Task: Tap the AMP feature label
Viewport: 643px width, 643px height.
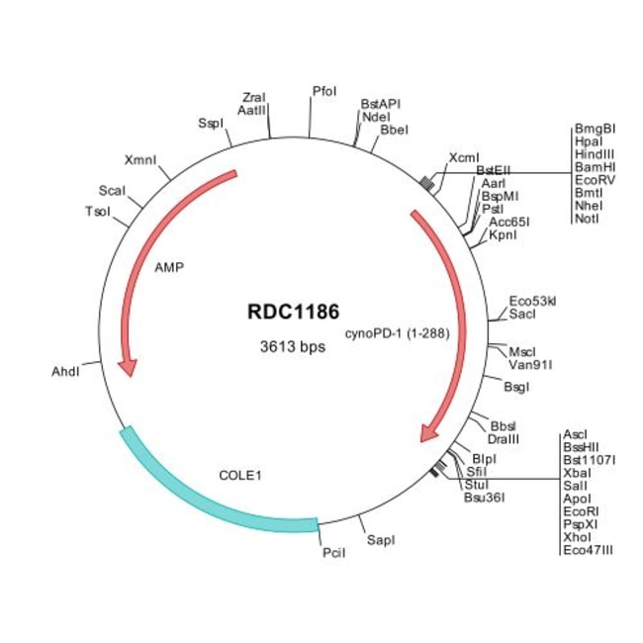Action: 169,267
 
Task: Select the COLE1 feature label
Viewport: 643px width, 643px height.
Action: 239,475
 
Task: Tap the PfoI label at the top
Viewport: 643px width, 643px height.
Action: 324,91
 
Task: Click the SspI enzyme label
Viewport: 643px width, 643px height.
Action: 211,124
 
